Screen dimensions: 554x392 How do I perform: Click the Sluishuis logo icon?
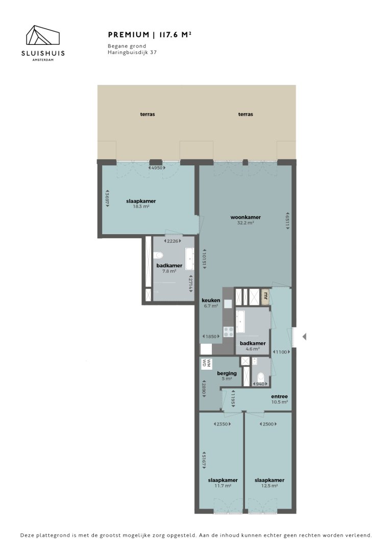(x=43, y=37)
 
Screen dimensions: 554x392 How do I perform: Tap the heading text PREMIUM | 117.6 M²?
(x=150, y=35)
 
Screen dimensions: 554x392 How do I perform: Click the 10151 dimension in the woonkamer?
(x=204, y=260)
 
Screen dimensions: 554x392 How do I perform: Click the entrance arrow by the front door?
(x=304, y=337)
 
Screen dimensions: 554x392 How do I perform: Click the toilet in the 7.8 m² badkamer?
(x=158, y=256)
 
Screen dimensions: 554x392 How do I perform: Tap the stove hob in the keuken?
(x=228, y=332)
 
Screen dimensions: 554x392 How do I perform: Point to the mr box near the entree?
(x=265, y=295)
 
